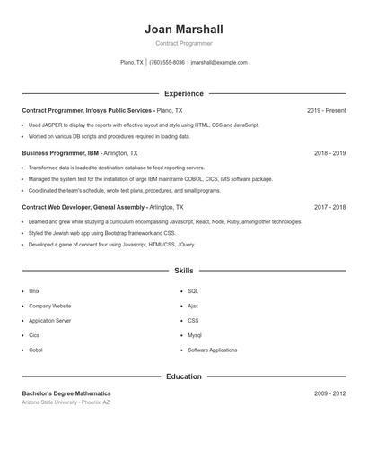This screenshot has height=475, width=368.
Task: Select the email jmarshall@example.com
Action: (x=218, y=63)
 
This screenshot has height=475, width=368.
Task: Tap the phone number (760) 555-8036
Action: (x=167, y=63)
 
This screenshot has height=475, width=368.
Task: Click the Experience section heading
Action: (x=183, y=93)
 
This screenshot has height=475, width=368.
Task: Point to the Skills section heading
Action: (x=183, y=270)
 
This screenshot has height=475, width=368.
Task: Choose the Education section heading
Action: (x=183, y=376)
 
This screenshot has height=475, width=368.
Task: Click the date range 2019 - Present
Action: (x=326, y=110)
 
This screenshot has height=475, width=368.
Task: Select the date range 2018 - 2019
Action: (x=329, y=153)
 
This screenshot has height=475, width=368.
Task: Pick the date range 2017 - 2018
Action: (x=329, y=207)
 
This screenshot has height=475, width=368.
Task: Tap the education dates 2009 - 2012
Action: (x=329, y=393)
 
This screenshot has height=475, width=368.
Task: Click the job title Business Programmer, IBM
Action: (x=60, y=153)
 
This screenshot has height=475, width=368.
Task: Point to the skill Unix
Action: (x=34, y=291)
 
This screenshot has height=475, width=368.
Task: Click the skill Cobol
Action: (x=35, y=350)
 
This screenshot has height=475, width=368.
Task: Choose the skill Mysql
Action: (x=195, y=335)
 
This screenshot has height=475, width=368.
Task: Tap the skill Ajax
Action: (x=193, y=306)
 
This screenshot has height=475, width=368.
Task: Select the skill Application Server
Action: (x=49, y=320)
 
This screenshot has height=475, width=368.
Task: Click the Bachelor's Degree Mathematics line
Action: (x=66, y=393)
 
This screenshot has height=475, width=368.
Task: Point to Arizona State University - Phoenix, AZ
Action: (x=66, y=402)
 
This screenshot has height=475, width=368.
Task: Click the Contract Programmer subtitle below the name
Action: (x=183, y=43)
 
